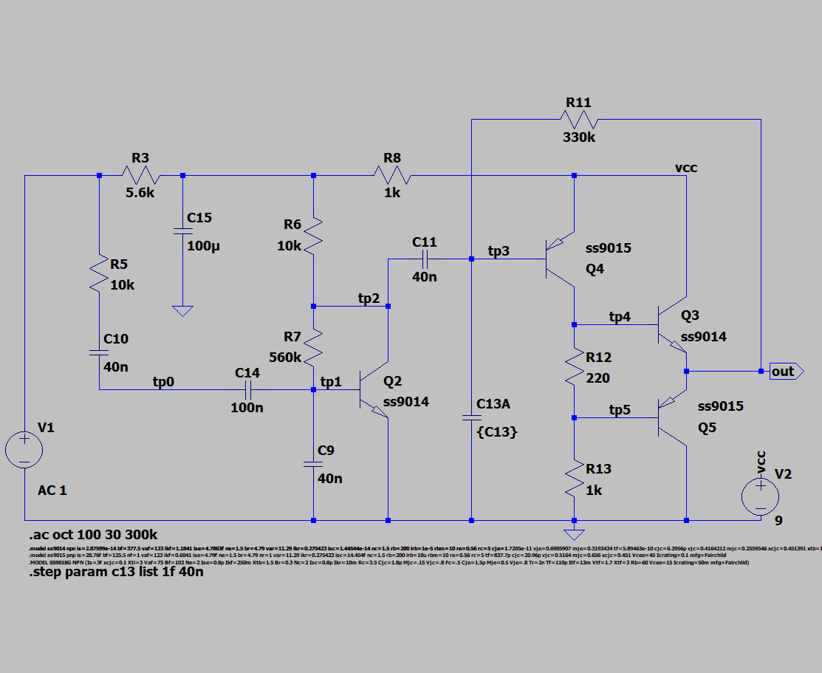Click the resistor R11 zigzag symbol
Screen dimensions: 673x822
click(x=579, y=119)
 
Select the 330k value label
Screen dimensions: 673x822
click(x=578, y=137)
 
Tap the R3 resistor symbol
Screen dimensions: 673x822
click(x=140, y=176)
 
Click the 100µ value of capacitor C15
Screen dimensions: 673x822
click(x=203, y=246)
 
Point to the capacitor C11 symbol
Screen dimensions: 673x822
click(x=425, y=259)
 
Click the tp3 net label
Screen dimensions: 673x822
click(x=499, y=251)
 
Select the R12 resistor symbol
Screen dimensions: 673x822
click(x=574, y=368)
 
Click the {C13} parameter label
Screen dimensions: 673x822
click(x=497, y=432)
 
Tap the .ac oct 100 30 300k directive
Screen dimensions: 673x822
click(x=93, y=534)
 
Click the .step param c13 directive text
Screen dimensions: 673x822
click(x=116, y=571)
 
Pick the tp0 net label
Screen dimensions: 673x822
click(x=164, y=381)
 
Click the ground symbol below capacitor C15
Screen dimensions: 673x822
click(x=182, y=310)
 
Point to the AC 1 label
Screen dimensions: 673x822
click(x=52, y=491)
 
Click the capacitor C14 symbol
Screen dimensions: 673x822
click(x=247, y=389)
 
